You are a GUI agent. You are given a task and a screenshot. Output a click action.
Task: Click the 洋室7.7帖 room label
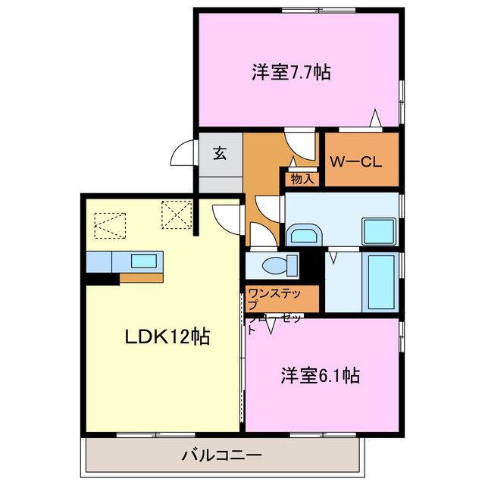290,73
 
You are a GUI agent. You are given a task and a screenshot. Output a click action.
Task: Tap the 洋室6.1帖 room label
321,374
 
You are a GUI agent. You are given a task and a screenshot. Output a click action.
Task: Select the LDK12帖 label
167,335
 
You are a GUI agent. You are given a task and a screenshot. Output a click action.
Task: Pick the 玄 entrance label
220,154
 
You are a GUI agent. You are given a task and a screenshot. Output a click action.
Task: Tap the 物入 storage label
302,179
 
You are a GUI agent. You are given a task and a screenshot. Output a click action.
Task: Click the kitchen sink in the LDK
145,261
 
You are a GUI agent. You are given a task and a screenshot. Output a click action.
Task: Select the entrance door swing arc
181,154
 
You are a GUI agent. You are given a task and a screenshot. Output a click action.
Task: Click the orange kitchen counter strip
141,277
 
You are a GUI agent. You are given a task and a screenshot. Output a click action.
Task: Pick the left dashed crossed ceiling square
108,224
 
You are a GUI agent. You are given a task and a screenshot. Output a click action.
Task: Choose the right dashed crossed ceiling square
175,215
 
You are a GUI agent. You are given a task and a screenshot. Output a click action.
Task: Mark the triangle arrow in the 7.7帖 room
374,118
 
